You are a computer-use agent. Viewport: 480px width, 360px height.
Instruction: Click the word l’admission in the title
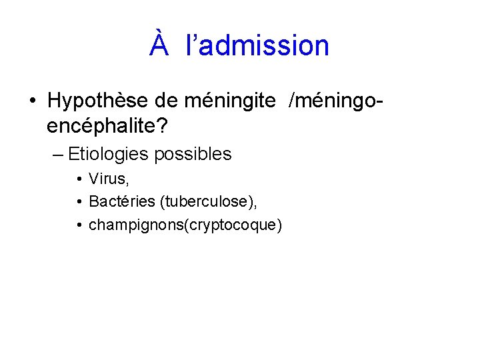(x=258, y=45)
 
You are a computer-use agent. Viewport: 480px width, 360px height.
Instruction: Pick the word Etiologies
(x=108, y=155)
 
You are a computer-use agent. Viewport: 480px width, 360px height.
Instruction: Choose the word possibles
(x=193, y=155)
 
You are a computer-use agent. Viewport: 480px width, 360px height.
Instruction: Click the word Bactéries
(x=117, y=202)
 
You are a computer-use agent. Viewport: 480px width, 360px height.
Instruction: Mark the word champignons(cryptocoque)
(x=185, y=225)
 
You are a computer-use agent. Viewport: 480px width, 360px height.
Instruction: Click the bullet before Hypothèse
(x=32, y=102)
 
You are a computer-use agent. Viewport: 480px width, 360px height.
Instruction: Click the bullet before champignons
(x=79, y=225)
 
